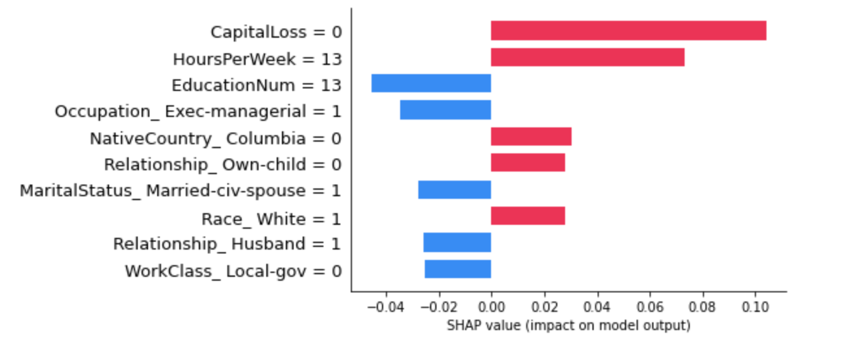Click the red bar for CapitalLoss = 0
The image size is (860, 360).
coord(628,31)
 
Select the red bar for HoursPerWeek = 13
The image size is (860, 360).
coord(587,57)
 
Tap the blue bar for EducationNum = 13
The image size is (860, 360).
coord(431,84)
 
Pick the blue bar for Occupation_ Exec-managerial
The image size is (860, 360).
coord(445,110)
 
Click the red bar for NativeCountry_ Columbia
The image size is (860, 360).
coord(531,136)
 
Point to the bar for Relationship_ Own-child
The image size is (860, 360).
coord(527,162)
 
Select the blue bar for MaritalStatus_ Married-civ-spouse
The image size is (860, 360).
coord(454,190)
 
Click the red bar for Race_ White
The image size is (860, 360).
coord(527,216)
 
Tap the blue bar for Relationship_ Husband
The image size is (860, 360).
coord(457,242)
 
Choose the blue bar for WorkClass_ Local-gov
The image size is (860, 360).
coord(457,269)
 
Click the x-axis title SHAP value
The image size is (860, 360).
coord(568,326)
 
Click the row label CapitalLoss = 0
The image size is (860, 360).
coord(276,32)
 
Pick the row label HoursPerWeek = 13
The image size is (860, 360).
coord(257,59)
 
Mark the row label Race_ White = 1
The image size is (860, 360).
coord(272,219)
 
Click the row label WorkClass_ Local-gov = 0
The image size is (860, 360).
coord(233,271)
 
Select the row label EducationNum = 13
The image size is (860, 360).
coord(257,85)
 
